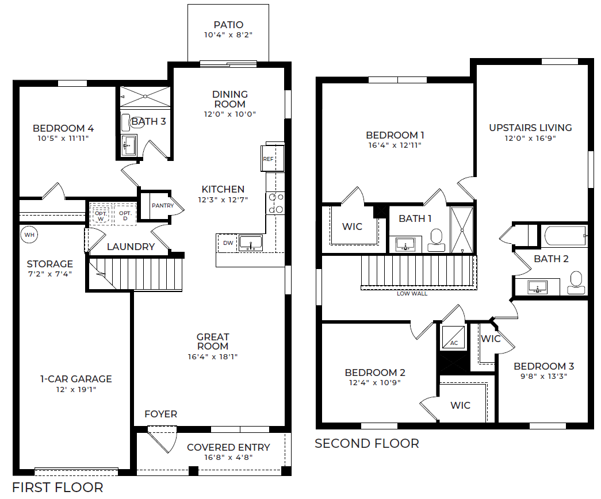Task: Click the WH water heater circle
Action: (x=29, y=235)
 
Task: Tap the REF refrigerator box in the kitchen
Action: (x=273, y=158)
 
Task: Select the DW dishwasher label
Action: (x=228, y=243)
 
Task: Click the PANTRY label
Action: (x=163, y=205)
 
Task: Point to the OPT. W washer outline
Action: (x=101, y=214)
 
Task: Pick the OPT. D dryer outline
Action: (x=125, y=214)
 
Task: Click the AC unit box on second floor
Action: (x=453, y=337)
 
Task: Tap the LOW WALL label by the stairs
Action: (x=412, y=293)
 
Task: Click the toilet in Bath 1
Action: (x=436, y=240)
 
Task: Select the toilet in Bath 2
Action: (x=576, y=283)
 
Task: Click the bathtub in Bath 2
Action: (x=564, y=235)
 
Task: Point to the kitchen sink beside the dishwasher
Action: (x=251, y=243)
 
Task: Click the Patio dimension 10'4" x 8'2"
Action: (x=228, y=35)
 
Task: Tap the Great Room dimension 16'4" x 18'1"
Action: (x=213, y=357)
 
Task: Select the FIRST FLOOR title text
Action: (x=58, y=488)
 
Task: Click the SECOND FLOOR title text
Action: (x=367, y=443)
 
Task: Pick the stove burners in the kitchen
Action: (x=275, y=203)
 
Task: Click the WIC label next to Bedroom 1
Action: (x=352, y=227)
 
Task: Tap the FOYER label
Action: (x=160, y=414)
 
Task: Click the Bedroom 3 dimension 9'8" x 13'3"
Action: (x=544, y=377)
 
